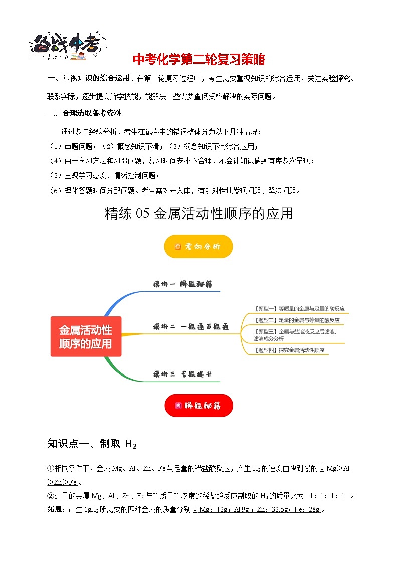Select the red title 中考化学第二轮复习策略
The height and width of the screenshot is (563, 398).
198,60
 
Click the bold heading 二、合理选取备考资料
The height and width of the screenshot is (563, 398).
84,113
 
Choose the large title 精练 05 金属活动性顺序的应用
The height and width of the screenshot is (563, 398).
198,214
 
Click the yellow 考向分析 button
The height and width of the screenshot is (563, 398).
198,246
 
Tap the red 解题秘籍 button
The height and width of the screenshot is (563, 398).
198,405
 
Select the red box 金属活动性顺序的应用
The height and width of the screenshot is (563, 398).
86,337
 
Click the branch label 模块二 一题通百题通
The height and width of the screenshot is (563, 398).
190,327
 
